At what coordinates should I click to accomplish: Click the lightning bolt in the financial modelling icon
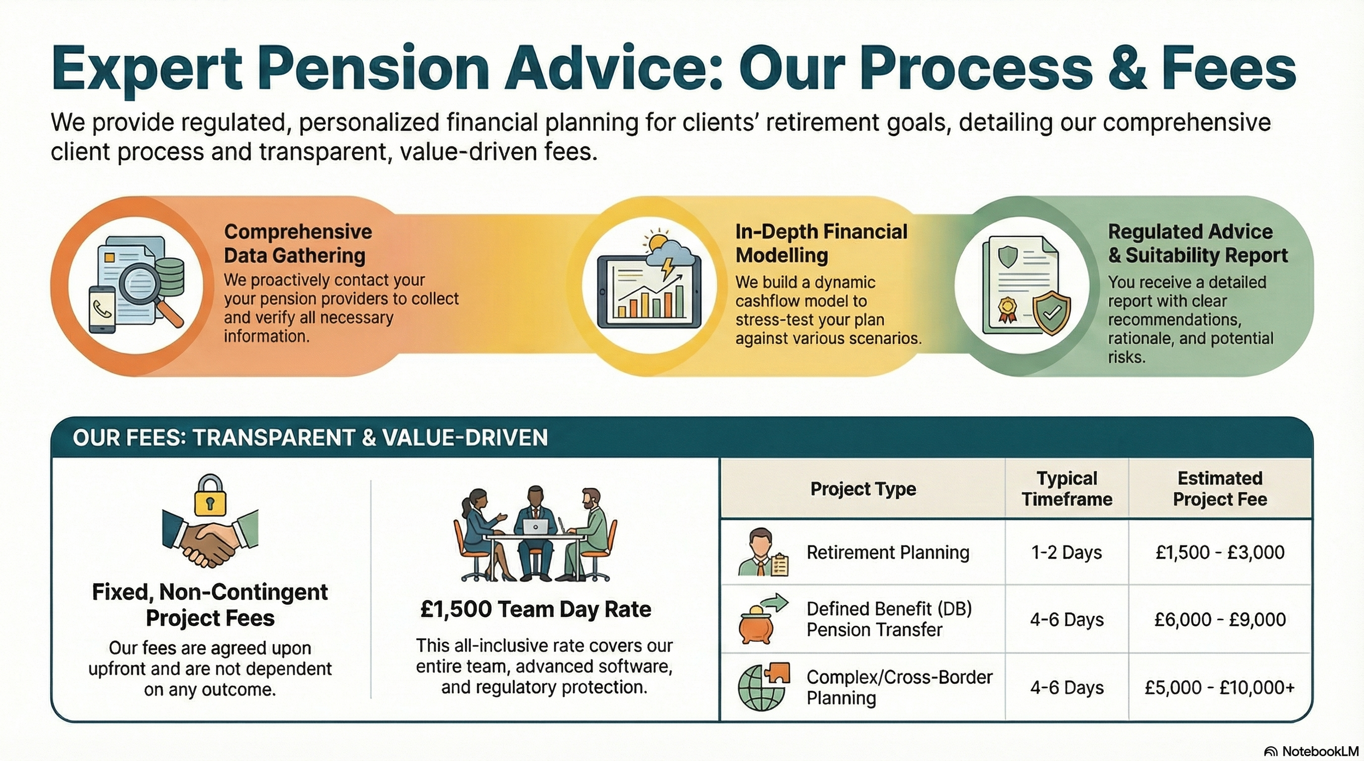tap(667, 267)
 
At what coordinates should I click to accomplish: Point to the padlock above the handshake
tap(210, 495)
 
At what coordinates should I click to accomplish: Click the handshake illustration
tap(210, 540)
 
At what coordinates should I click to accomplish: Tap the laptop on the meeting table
tap(535, 526)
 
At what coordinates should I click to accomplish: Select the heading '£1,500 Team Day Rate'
tap(535, 609)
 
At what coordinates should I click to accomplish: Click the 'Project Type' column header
tap(863, 489)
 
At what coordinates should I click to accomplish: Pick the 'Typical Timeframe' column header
tap(1067, 489)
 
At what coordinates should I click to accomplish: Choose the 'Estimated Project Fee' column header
tap(1220, 489)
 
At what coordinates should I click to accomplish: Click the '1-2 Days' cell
tap(1066, 553)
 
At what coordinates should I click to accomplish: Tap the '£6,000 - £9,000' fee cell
tap(1220, 620)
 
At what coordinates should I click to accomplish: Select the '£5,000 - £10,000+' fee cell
tap(1220, 687)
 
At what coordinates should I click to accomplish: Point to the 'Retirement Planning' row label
tap(888, 553)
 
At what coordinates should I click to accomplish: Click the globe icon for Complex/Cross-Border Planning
tap(759, 688)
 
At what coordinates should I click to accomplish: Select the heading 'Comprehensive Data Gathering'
tap(297, 243)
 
